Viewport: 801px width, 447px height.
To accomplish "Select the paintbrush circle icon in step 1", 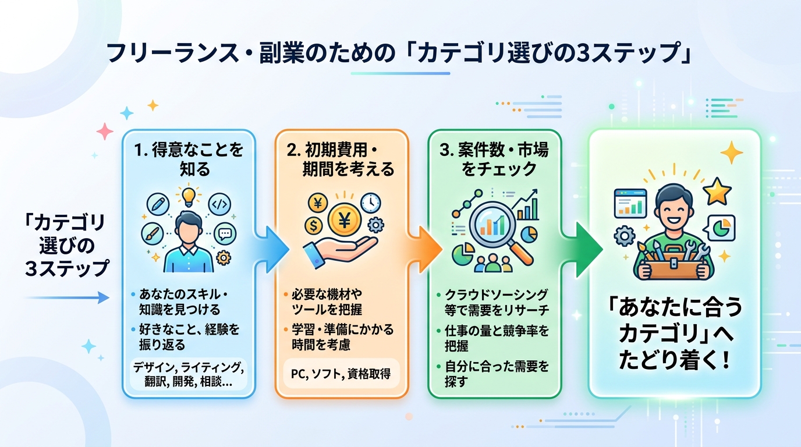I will pyautogui.click(x=153, y=234).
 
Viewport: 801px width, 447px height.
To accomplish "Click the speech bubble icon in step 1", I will pyautogui.click(x=225, y=234).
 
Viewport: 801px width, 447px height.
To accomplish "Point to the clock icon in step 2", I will pyautogui.click(x=370, y=202).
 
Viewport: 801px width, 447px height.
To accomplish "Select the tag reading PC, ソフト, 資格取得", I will pyautogui.click(x=340, y=373).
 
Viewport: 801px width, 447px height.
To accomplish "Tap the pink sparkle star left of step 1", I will pyautogui.click(x=105, y=132).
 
